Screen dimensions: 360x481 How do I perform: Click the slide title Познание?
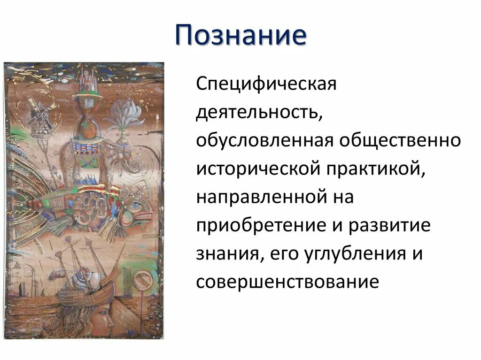pyautogui.click(x=240, y=36)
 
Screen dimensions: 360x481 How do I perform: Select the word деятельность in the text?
pyautogui.click(x=258, y=113)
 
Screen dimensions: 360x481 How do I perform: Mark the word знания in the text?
pyautogui.click(x=225, y=254)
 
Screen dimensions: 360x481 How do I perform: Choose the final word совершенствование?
pyautogui.click(x=287, y=282)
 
